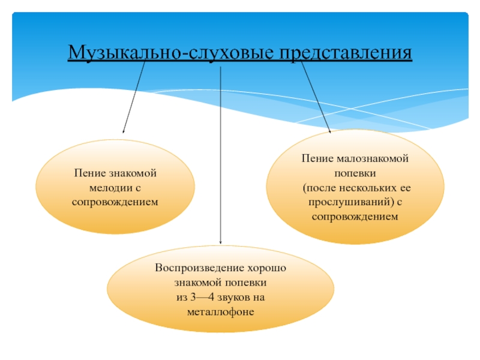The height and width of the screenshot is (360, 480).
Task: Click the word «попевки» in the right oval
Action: click(x=355, y=173)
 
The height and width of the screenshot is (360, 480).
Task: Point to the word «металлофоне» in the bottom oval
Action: click(x=221, y=311)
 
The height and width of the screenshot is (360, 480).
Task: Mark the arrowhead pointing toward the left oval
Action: click(x=124, y=131)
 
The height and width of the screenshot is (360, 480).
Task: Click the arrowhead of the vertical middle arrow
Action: click(x=221, y=242)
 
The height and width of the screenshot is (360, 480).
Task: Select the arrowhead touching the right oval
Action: click(x=329, y=130)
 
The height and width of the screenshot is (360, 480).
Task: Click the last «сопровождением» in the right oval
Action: click(x=355, y=216)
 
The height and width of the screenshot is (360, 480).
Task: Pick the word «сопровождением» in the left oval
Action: click(x=115, y=202)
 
